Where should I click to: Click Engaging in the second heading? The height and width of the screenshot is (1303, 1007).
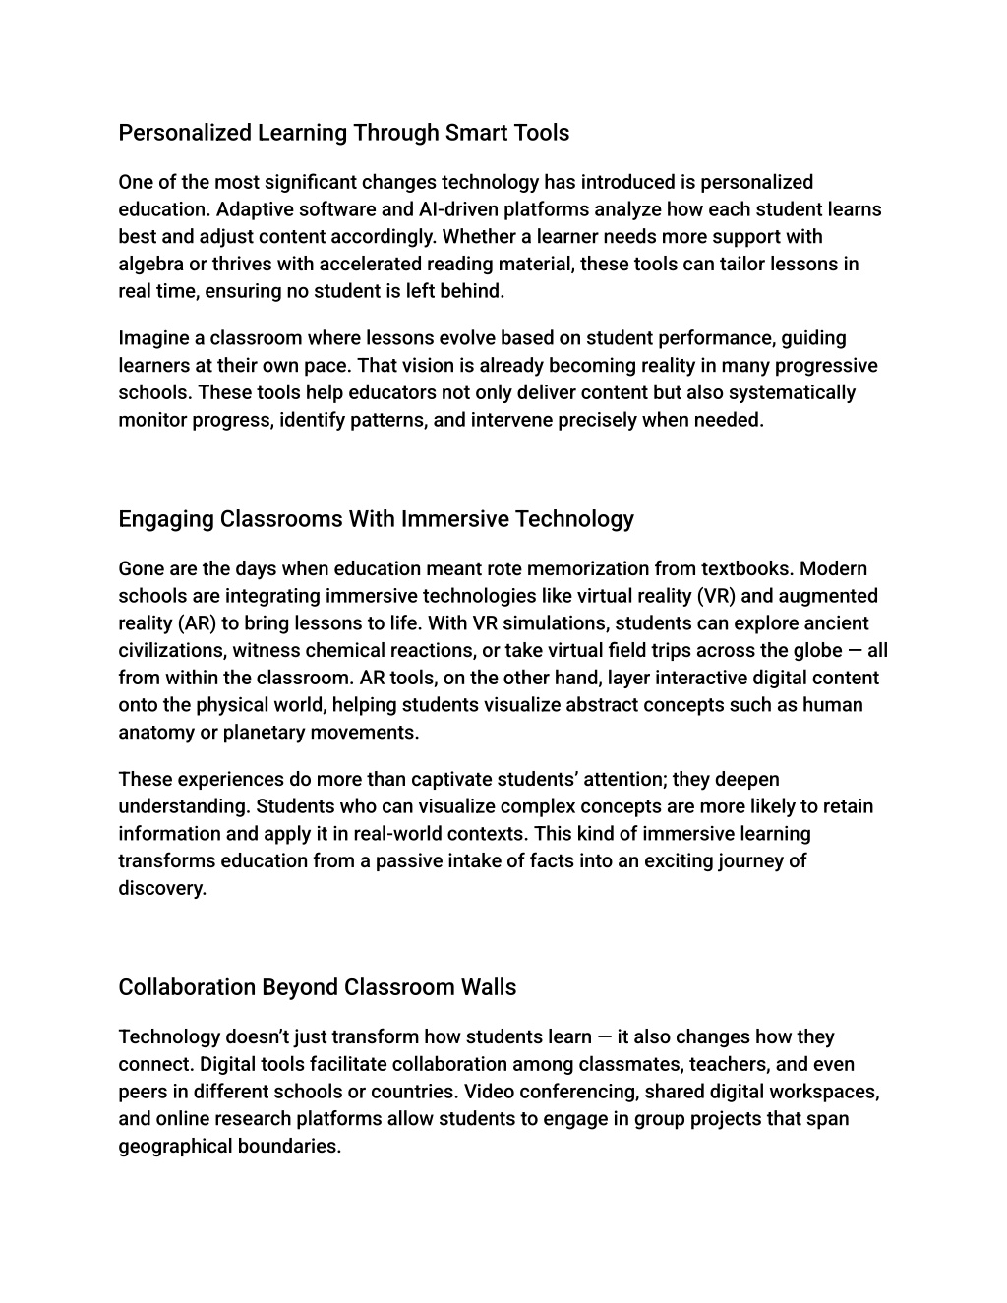click(165, 519)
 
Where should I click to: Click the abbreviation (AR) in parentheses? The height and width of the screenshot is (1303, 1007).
click(196, 623)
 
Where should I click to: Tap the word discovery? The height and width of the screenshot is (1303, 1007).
click(162, 888)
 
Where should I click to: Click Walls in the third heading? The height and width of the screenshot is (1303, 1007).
click(489, 987)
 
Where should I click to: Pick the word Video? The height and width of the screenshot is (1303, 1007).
click(490, 1092)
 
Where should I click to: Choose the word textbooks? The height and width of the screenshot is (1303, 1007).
click(747, 568)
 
